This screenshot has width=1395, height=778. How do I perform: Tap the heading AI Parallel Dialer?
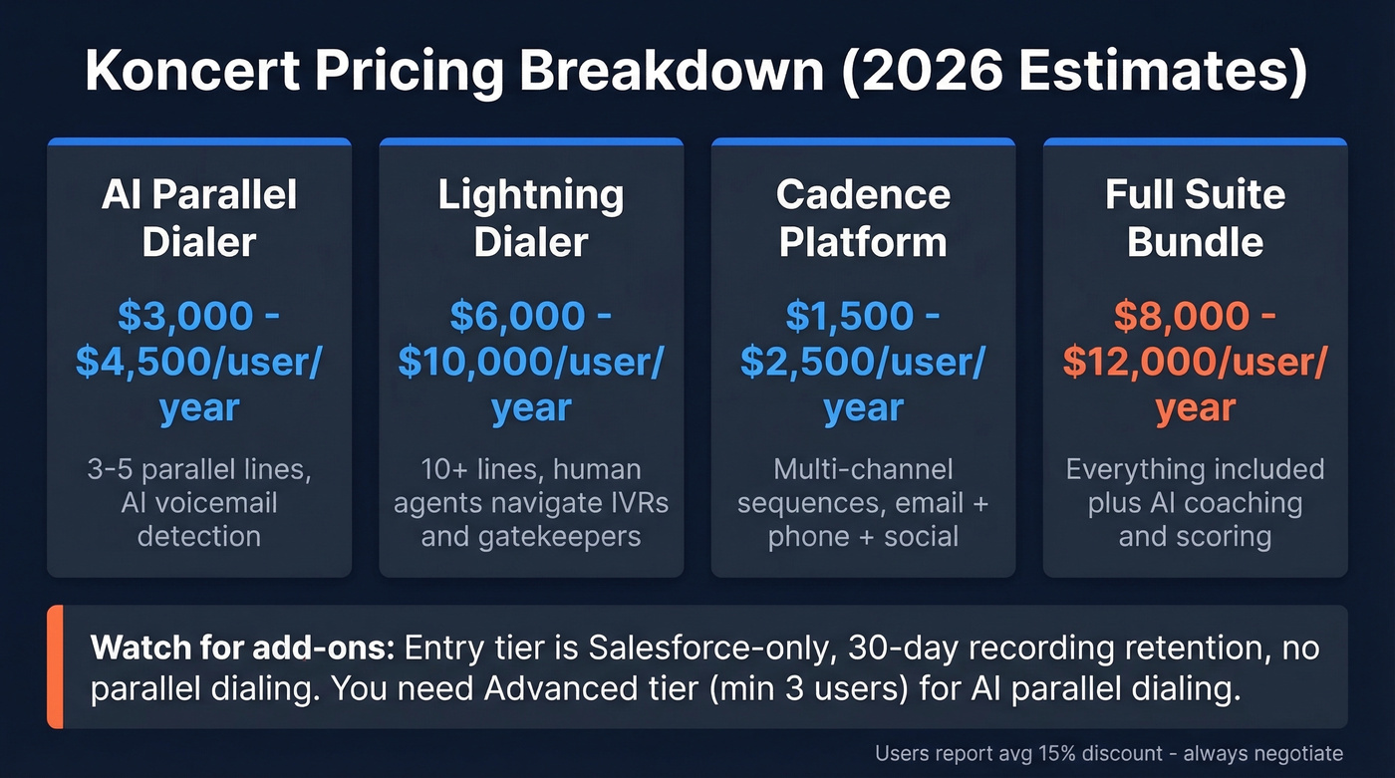point(199,218)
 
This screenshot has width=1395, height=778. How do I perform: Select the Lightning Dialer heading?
point(531,218)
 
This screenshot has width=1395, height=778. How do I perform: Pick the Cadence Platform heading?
point(863,218)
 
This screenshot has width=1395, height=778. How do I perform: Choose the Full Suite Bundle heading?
point(1195,218)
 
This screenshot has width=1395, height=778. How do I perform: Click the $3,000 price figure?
point(185,316)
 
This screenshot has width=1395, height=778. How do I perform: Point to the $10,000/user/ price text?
point(531,362)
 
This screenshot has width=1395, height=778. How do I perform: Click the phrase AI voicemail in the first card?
point(199,502)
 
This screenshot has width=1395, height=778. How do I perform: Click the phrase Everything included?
point(1195,469)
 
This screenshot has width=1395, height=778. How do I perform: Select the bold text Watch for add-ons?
point(244,648)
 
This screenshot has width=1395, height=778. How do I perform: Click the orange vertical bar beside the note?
point(54,666)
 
